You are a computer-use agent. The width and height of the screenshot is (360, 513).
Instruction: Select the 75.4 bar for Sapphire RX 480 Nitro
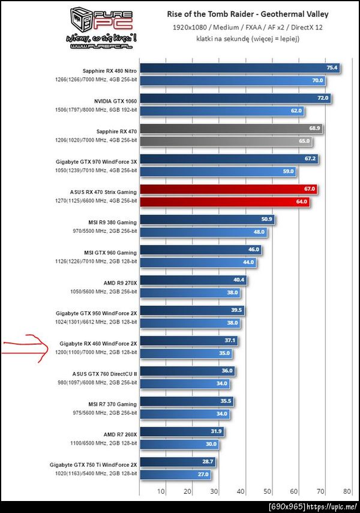click(240, 68)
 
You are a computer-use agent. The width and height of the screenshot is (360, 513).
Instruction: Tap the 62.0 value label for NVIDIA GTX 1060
click(296, 111)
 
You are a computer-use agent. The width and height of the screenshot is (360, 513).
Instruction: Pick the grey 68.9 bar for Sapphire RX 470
click(231, 128)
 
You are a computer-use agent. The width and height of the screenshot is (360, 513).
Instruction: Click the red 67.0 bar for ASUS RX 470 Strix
click(228, 189)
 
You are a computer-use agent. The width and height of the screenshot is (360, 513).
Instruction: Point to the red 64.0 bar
click(224, 202)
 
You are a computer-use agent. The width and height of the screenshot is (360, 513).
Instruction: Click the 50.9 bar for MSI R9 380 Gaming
click(207, 220)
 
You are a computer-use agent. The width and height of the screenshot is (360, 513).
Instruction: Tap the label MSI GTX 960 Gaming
click(111, 253)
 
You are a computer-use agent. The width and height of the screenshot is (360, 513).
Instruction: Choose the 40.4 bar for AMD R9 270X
click(193, 280)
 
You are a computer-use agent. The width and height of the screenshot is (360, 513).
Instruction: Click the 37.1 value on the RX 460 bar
click(230, 341)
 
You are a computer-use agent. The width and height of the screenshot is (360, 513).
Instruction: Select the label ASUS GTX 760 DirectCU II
click(104, 373)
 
